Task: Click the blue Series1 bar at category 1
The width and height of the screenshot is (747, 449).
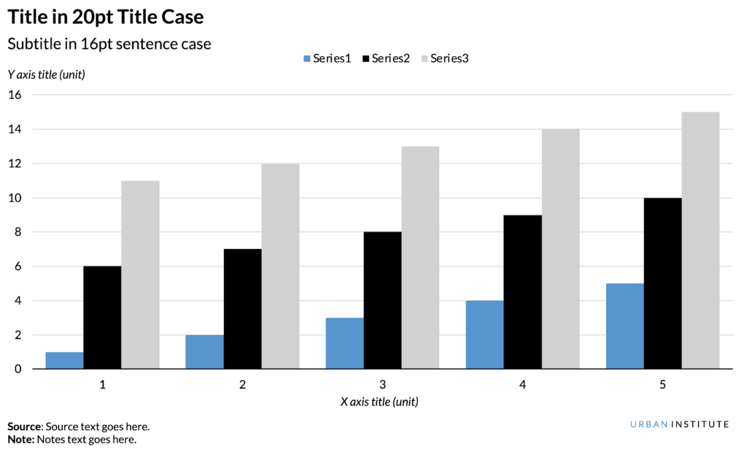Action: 64,361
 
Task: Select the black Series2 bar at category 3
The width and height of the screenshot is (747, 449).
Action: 382,301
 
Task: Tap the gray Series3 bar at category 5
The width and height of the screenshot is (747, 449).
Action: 700,241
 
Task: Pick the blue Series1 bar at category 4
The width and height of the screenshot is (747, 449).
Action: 484,335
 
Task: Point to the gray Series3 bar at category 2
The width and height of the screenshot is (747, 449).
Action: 280,266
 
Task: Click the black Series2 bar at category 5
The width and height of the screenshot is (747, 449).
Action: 662,283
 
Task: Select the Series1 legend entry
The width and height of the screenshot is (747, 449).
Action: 326,58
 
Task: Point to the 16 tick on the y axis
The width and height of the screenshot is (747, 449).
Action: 15,95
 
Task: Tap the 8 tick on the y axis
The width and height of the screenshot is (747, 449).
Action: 18,232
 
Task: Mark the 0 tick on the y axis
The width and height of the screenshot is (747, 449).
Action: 18,369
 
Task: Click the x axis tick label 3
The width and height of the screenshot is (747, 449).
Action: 382,384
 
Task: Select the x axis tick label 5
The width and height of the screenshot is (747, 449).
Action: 662,384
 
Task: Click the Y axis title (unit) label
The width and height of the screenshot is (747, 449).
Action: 47,74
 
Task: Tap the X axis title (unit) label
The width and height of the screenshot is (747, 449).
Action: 379,402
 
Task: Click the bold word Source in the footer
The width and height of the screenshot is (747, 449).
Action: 25,426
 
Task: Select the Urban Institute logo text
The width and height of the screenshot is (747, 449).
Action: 679,424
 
